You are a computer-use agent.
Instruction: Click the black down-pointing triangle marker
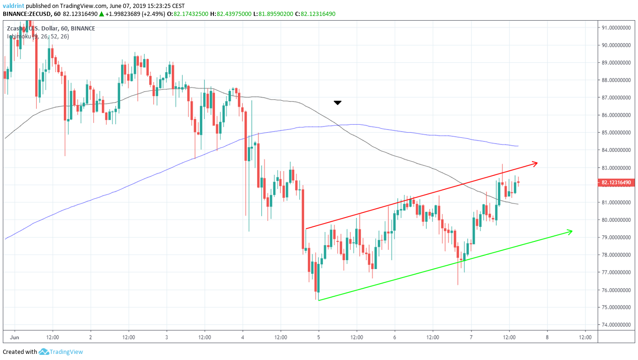[x=337, y=102]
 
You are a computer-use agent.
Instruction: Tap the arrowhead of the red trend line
[x=535, y=163]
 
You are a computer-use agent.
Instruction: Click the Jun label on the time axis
[x=15, y=337]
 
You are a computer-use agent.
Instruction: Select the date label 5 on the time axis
[x=319, y=337]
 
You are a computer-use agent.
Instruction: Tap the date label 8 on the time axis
[x=547, y=337]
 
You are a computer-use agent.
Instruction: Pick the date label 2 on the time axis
[x=90, y=337]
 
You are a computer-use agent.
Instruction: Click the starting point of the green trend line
[x=319, y=300]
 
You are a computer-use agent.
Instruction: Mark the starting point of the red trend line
[x=305, y=229]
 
